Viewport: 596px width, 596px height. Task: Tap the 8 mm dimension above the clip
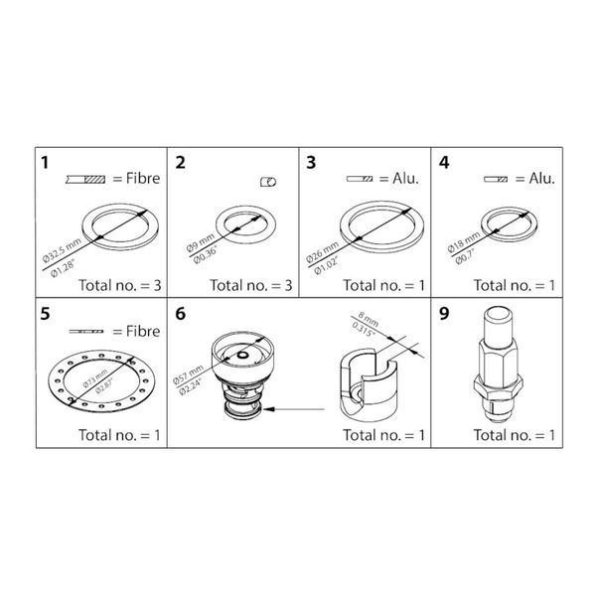[372, 319]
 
